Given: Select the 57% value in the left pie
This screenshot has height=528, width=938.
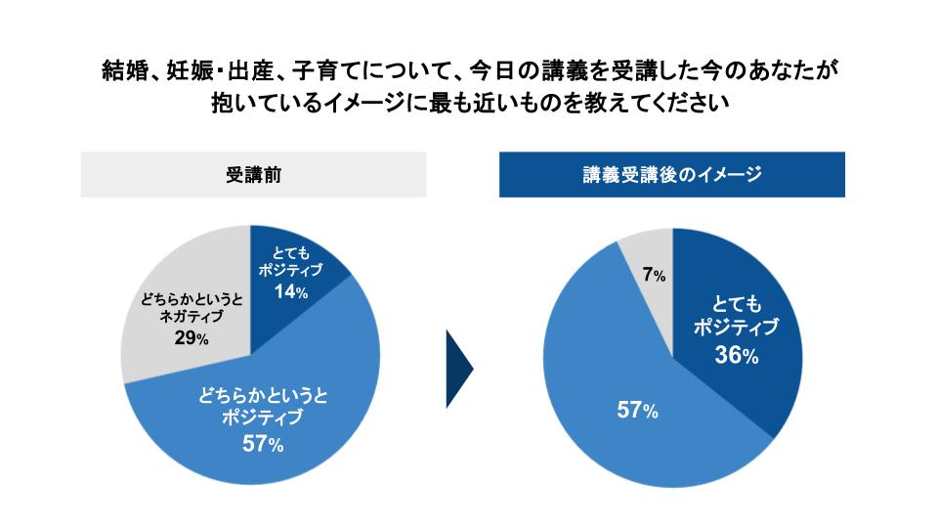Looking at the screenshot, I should (264, 445).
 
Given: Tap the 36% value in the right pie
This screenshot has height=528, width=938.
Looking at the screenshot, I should (736, 356).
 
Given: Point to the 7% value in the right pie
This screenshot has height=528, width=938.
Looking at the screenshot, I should (654, 276).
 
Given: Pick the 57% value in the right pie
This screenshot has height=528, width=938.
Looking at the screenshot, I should (636, 411).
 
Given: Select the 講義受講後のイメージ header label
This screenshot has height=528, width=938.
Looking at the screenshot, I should (671, 175).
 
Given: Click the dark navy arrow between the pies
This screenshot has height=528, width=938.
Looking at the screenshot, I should (459, 370).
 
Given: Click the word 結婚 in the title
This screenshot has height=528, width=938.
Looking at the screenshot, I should (125, 70).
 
